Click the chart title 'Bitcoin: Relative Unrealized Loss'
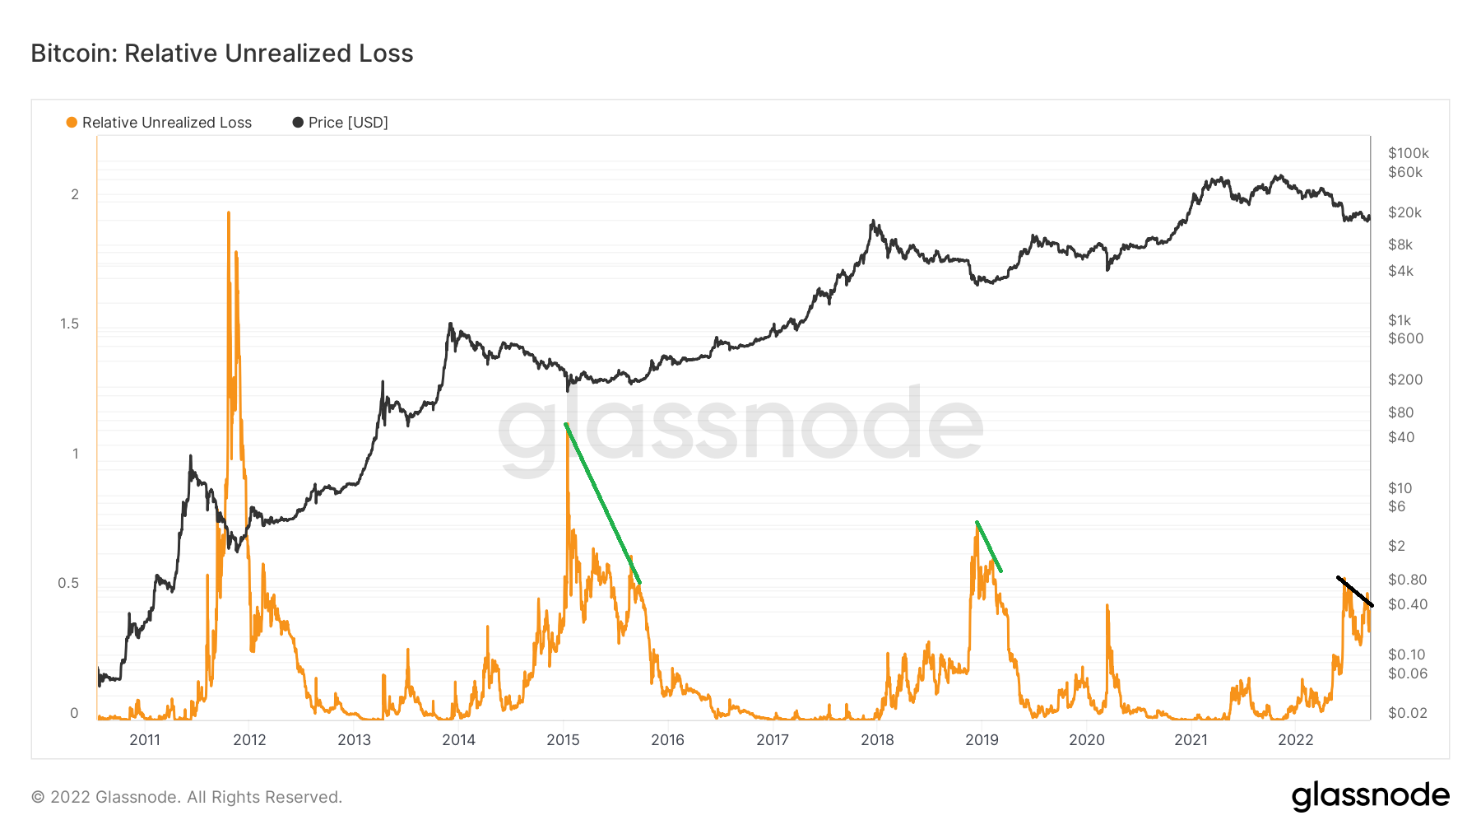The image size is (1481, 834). pyautogui.click(x=222, y=54)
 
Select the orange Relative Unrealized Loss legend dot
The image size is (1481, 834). pyautogui.click(x=72, y=123)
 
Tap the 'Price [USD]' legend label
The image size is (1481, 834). pyautogui.click(x=348, y=123)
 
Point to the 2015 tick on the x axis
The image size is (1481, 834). pyautogui.click(x=563, y=739)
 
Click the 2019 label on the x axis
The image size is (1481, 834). pyautogui.click(x=982, y=739)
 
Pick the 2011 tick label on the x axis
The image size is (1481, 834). pyautogui.click(x=145, y=739)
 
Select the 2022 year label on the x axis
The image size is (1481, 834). pyautogui.click(x=1295, y=739)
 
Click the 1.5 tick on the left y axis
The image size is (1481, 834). pyautogui.click(x=69, y=324)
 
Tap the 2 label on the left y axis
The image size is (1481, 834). pyautogui.click(x=75, y=194)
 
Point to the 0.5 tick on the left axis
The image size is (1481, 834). pyautogui.click(x=68, y=583)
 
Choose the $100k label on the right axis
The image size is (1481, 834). pyautogui.click(x=1408, y=153)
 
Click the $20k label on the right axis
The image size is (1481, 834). pyautogui.click(x=1404, y=212)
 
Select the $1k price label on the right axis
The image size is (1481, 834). pyautogui.click(x=1399, y=320)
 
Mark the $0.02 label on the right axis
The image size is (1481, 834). pyautogui.click(x=1407, y=713)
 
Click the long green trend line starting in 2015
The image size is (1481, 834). pyautogui.click(x=602, y=503)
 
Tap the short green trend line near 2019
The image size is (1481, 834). pyautogui.click(x=988, y=546)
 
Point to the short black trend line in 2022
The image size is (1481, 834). pyautogui.click(x=1354, y=591)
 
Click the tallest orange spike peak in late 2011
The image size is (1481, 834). pyautogui.click(x=229, y=213)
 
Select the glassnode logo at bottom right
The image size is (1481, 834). pyautogui.click(x=1370, y=796)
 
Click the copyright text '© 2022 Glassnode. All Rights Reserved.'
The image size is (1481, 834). pyautogui.click(x=187, y=797)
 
